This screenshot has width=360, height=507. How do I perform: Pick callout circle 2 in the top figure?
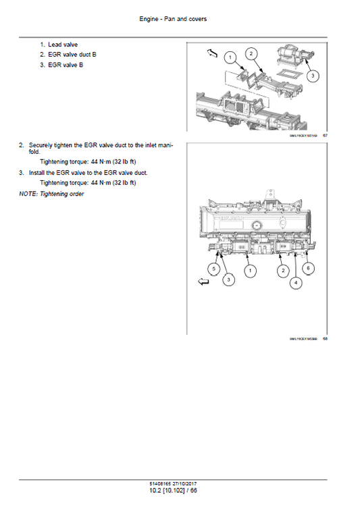click(x=251, y=53)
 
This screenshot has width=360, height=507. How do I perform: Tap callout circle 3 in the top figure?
click(x=313, y=76)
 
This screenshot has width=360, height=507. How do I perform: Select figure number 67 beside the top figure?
click(x=325, y=136)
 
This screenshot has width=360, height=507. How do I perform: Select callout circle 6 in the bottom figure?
click(x=309, y=268)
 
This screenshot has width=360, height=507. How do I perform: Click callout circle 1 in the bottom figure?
click(x=251, y=271)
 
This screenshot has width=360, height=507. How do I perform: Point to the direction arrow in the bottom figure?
click(x=203, y=284)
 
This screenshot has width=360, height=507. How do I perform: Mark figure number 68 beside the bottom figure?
click(x=325, y=339)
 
